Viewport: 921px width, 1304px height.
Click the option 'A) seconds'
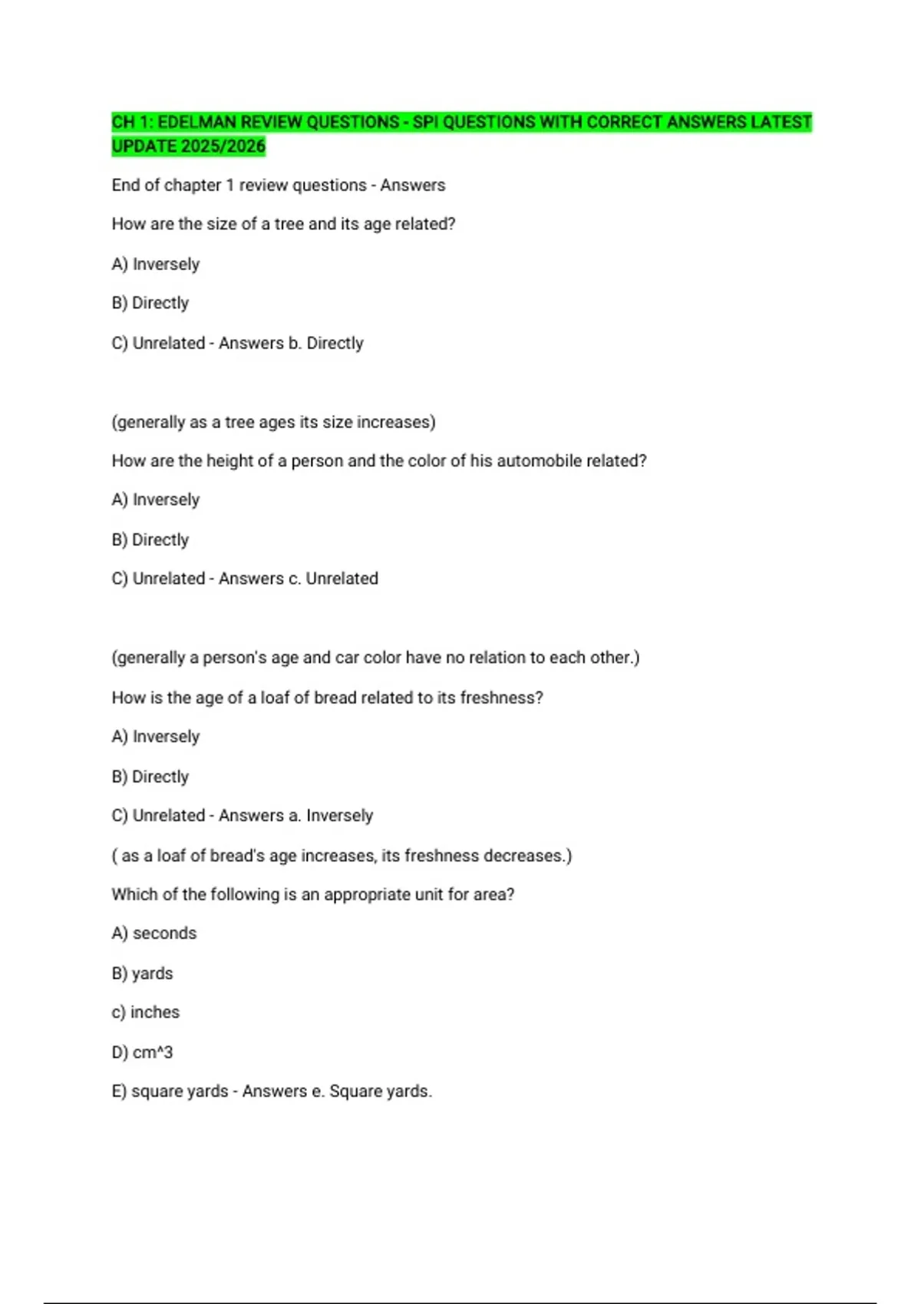pos(154,934)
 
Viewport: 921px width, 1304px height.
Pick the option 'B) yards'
pos(143,973)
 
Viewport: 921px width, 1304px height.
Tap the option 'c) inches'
pos(146,1013)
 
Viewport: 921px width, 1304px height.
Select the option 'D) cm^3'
pos(143,1052)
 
